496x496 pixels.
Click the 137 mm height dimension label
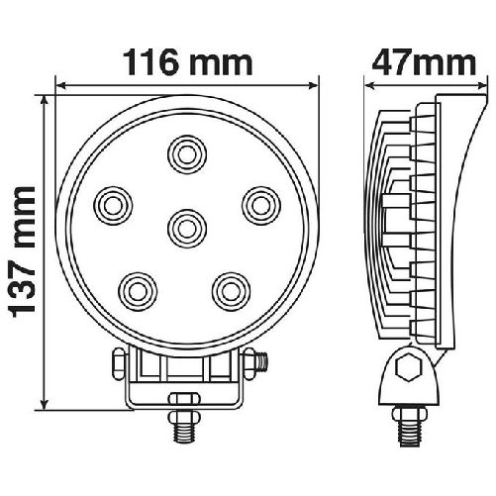(21, 251)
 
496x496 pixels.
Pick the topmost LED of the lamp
(184, 153)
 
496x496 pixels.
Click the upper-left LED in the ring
(113, 204)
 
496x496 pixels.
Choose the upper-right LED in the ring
(258, 204)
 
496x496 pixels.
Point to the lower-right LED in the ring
(230, 289)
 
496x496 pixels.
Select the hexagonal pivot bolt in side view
(406, 370)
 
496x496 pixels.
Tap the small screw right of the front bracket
(263, 362)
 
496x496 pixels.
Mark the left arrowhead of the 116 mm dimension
(59, 85)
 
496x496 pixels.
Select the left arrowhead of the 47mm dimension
(369, 85)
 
